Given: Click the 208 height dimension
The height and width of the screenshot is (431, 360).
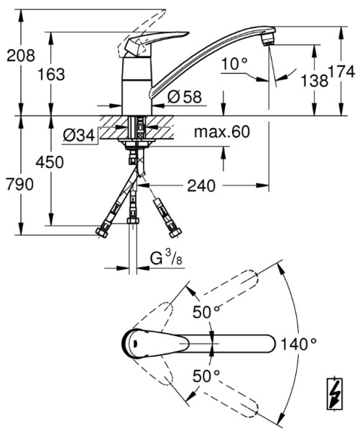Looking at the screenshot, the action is tap(21, 55).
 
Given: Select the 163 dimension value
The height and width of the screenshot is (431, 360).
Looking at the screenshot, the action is tap(51, 74).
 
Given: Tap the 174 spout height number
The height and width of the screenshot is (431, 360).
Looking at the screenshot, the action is tap(341, 72).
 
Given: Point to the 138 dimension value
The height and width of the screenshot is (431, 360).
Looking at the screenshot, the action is tap(314, 80).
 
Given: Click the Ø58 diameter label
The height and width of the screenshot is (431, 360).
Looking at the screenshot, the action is tap(185, 96).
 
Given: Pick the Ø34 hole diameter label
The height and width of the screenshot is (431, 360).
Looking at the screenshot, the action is tap(79, 135).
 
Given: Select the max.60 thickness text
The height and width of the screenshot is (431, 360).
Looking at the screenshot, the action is tap(222, 131).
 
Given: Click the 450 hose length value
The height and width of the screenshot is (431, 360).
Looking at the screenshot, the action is tap(50, 162).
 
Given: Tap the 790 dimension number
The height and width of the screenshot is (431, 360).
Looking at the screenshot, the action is tap(20, 184).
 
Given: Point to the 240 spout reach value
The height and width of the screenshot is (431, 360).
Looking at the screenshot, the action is tap(201, 185).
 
